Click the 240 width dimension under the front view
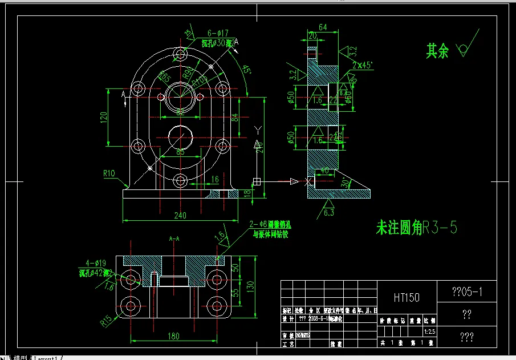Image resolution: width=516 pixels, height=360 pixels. coord(180,216)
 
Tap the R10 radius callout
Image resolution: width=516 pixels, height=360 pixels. coord(109,173)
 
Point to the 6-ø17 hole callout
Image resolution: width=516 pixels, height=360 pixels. coord(218,33)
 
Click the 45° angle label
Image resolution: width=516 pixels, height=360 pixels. coord(247,71)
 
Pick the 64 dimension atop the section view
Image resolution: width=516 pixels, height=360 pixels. coord(323,27)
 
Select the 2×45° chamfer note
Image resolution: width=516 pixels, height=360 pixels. coord(362,65)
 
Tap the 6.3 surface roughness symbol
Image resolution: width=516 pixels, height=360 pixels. coord(329,212)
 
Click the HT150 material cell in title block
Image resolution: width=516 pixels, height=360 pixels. coord(407,297)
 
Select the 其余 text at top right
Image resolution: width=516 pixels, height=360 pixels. coord(437,51)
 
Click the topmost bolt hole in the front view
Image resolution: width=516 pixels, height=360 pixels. coord(181,55)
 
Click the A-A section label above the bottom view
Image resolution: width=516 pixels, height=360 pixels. coord(175,238)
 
